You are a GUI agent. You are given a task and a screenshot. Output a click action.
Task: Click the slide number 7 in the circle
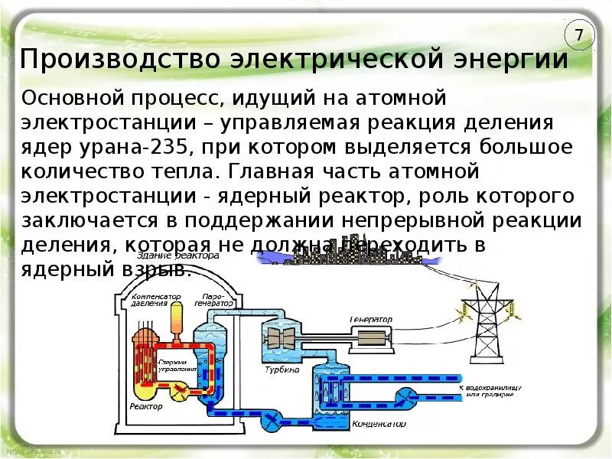pyautogui.click(x=579, y=35)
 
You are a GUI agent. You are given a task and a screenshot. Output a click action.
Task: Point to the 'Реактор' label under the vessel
pyautogui.click(x=147, y=407)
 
